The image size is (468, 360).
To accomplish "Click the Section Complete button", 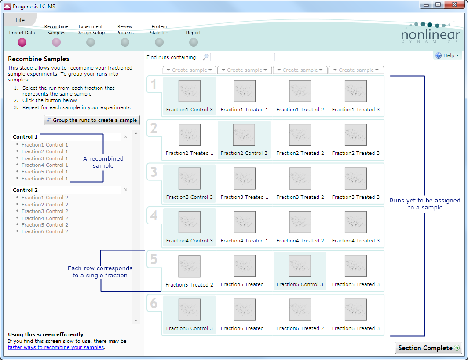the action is tap(428, 348).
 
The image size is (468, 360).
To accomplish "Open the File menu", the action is tap(20, 20).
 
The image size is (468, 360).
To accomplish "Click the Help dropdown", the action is tap(447, 55).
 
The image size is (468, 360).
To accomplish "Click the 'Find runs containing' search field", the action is tap(242, 57).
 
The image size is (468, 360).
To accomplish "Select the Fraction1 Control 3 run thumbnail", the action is tap(190, 91).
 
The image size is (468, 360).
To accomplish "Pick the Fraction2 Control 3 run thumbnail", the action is tap(244, 134).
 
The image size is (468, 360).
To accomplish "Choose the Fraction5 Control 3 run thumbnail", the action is tap(300, 266).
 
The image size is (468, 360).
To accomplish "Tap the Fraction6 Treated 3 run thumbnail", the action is tap(356, 310).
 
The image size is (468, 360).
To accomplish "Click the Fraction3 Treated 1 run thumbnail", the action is tap(245, 178).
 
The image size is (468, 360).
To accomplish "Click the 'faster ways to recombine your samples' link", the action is tap(56, 347).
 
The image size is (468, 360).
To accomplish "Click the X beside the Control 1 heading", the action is tap(126, 137).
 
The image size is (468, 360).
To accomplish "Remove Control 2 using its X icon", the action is tap(126, 190).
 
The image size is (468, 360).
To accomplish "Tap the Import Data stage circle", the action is tap(22, 42).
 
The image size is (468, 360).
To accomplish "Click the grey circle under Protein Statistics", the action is tap(159, 42).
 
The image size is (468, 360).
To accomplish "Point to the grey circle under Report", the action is tap(194, 42).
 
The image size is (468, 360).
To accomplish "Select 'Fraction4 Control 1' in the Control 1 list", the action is tap(45, 165).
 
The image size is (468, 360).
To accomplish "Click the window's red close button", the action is tap(454, 4).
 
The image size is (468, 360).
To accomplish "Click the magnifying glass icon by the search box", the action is tap(206, 57).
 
